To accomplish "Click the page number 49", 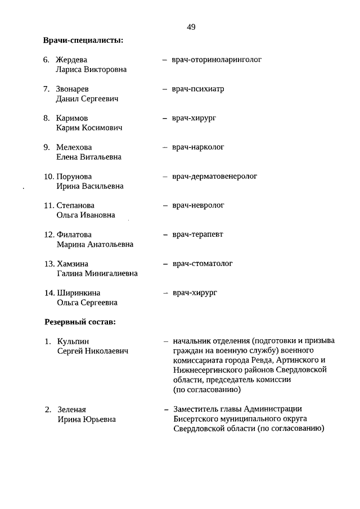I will (191, 27).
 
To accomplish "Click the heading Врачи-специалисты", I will (83, 40).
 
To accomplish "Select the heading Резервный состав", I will (80, 322).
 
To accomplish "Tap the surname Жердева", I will (71, 60).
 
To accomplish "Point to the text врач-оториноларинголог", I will (217, 59).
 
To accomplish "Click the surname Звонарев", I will (72, 89).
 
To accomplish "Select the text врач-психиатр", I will (199, 89).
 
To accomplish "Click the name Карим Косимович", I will (89, 128).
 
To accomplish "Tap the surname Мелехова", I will (74, 147).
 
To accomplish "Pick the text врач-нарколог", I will (199, 147).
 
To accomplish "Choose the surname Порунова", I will (74, 177).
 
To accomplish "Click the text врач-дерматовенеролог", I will (215, 177).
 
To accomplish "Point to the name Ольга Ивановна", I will (85, 215).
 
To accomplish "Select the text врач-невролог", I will (199, 205).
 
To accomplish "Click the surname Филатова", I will (74, 235).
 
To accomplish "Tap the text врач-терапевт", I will (198, 235).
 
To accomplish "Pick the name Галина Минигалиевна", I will (97, 273).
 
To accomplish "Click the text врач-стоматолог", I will (202, 263).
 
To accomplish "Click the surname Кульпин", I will (73, 341).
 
